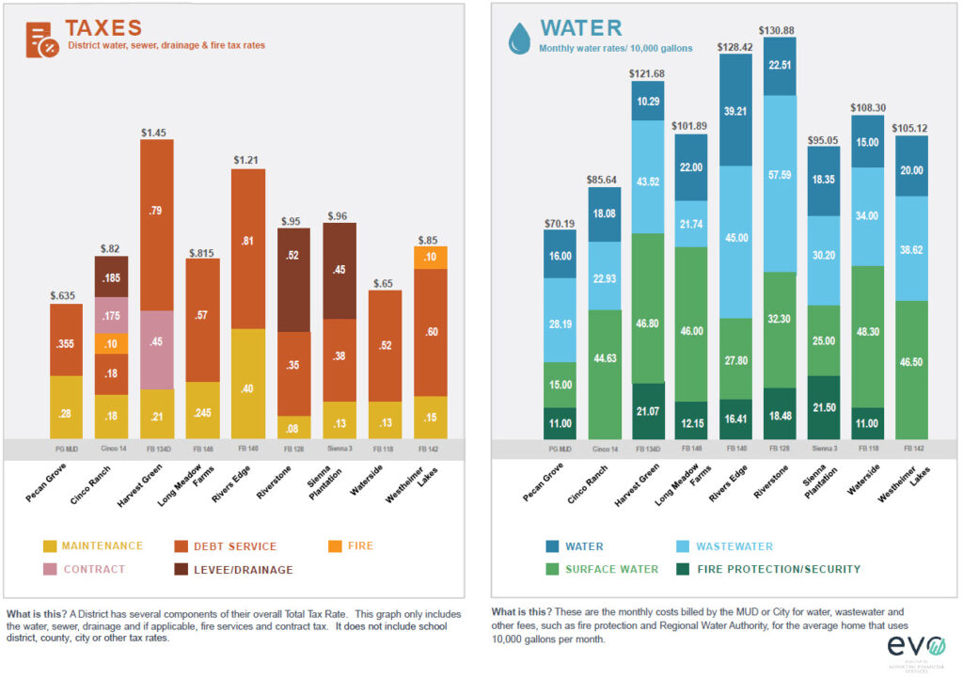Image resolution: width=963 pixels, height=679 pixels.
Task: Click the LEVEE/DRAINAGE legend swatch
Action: [182, 570]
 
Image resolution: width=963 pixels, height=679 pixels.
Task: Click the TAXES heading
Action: [103, 28]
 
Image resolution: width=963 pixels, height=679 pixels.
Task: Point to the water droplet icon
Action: [518, 39]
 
